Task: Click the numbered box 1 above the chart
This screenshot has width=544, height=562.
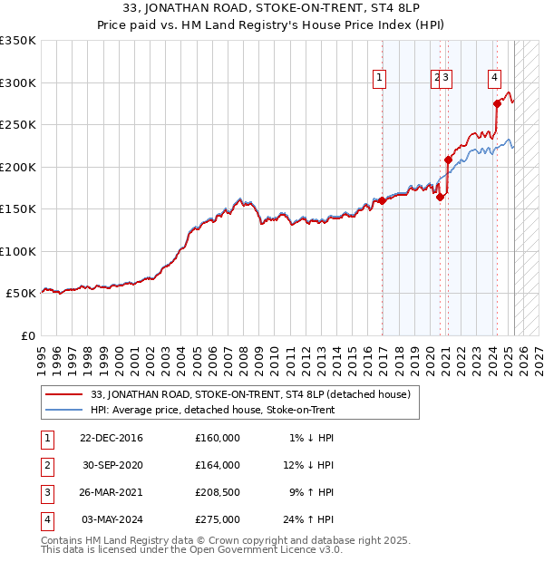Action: [x=379, y=78]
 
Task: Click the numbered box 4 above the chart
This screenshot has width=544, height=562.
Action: [x=495, y=78]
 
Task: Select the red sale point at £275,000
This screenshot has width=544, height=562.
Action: [x=497, y=103]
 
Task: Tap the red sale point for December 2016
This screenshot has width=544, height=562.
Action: [x=382, y=201]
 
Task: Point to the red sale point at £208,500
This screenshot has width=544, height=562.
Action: [x=448, y=160]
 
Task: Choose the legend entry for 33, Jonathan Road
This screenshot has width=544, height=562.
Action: [x=251, y=394]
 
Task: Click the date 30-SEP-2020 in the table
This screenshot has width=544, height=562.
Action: [x=113, y=465]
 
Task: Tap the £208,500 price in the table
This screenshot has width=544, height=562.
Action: [x=218, y=492]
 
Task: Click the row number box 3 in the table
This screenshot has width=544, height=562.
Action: [x=46, y=492]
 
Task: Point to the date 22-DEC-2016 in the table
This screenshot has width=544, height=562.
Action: [x=112, y=438]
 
